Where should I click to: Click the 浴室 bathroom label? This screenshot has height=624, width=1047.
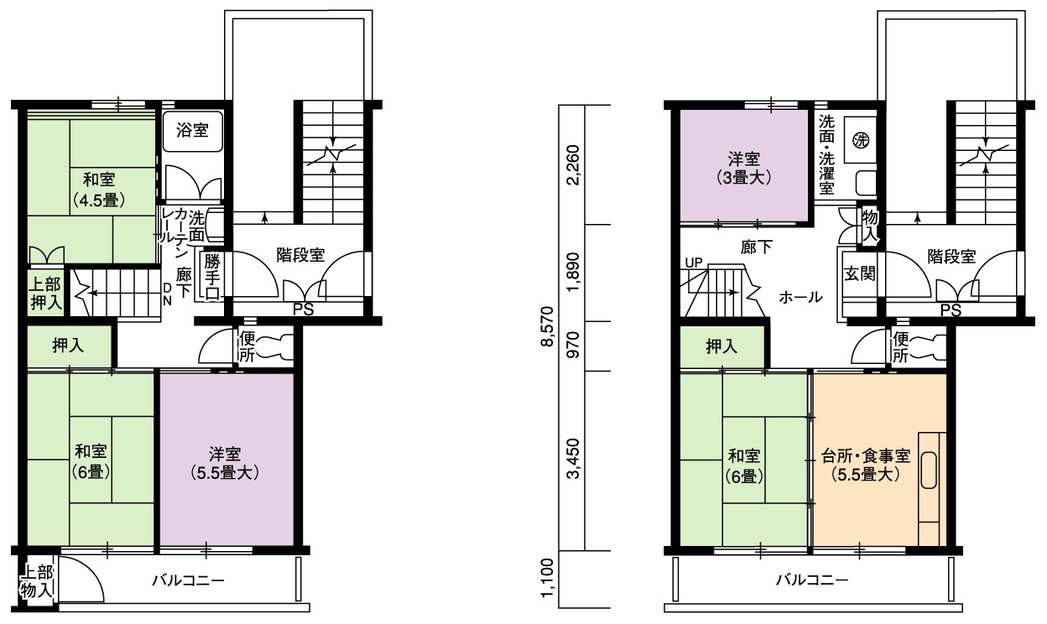(x=192, y=130)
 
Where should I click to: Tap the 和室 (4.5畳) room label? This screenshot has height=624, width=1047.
(x=99, y=190)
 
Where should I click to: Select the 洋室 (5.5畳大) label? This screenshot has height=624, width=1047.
(x=225, y=464)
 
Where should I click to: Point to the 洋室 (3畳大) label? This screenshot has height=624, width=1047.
(x=743, y=169)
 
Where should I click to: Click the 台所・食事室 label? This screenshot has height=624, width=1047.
(x=866, y=455)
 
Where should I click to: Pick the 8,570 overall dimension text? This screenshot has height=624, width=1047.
(x=546, y=326)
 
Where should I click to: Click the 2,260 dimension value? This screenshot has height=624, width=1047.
(x=572, y=165)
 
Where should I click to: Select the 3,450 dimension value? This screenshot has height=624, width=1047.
(x=572, y=459)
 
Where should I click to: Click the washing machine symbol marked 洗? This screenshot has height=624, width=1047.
(x=861, y=139)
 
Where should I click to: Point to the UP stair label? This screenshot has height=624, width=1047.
(x=694, y=263)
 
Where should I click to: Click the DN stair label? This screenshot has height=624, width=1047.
(x=167, y=294)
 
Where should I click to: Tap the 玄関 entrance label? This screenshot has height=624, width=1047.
(x=860, y=273)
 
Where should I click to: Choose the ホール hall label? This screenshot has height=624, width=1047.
(x=800, y=297)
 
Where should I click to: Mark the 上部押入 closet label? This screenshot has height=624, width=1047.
(x=46, y=294)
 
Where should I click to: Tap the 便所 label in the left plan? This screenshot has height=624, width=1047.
(x=247, y=346)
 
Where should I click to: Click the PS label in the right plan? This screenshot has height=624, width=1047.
(x=951, y=310)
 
